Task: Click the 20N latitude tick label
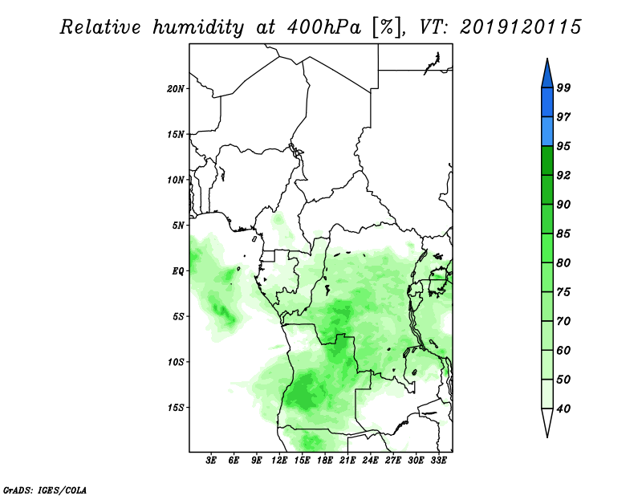176,89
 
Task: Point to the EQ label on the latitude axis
178,271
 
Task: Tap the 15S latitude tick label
176,408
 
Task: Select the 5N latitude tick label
178,226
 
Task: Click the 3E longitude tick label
211,460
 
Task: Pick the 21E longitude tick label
347,460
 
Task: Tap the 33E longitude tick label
438,460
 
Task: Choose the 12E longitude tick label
279,460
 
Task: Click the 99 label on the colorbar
563,87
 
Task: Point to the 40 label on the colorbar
563,409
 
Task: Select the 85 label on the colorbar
563,234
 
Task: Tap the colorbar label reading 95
563,146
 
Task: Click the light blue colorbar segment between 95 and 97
547,132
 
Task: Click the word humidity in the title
198,27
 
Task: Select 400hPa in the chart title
324,27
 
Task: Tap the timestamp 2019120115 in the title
520,27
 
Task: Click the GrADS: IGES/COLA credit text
45,490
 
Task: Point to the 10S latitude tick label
176,362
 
